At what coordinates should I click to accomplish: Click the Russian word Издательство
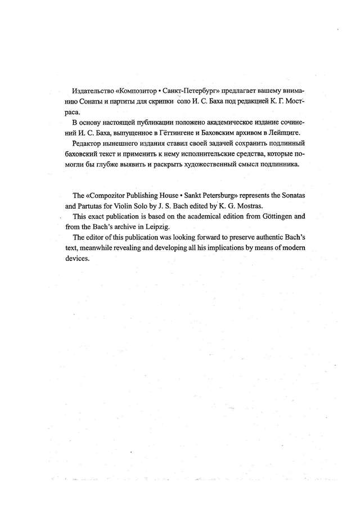coord(92,91)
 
